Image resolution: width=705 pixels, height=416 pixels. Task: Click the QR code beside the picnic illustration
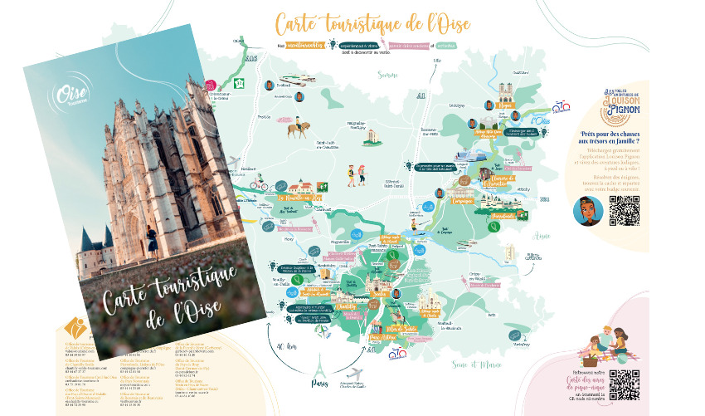[624, 383]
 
